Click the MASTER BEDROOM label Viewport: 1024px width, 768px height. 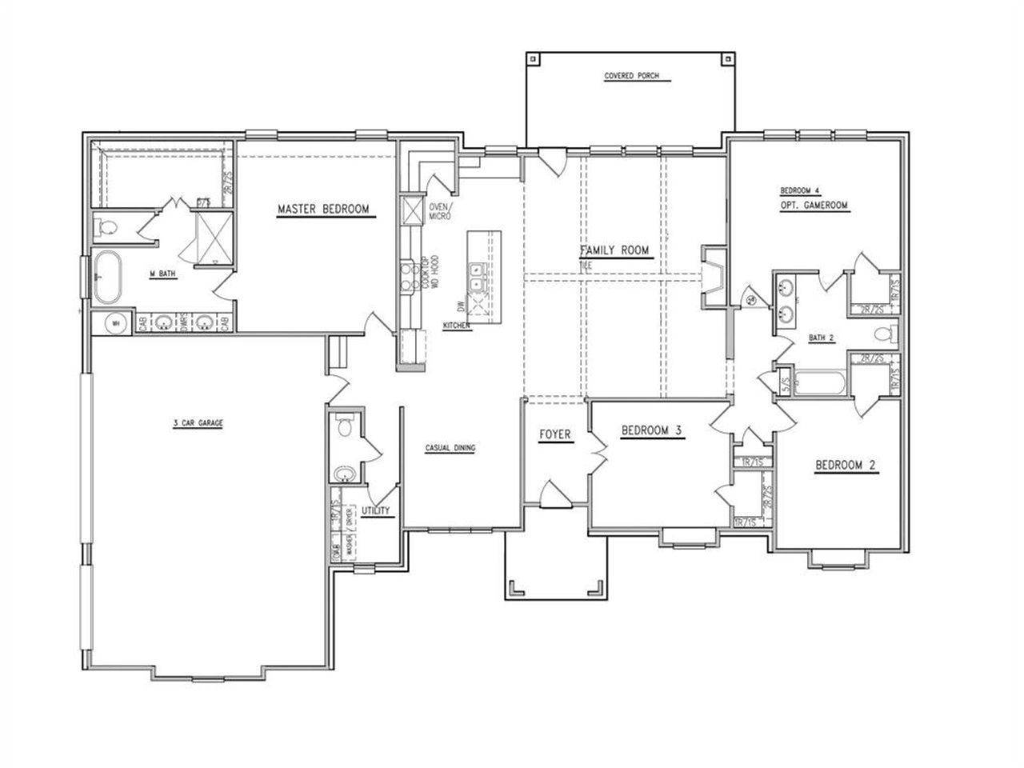tap(323, 210)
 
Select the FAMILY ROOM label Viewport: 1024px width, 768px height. tap(615, 251)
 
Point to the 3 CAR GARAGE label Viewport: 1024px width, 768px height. tap(198, 423)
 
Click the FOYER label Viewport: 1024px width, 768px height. tap(554, 434)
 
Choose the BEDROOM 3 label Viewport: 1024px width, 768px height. tap(651, 431)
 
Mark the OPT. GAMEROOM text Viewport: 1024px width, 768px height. tap(814, 206)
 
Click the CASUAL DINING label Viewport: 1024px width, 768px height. tap(450, 448)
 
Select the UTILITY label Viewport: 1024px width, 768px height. tap(376, 510)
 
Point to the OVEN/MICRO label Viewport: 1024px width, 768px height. tap(441, 213)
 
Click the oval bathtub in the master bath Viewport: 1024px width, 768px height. tap(107, 278)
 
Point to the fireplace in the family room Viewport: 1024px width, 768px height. tap(713, 277)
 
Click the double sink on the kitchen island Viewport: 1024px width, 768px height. tap(476, 277)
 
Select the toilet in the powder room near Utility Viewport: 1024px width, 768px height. tap(345, 426)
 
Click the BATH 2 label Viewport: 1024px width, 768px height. tap(821, 338)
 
